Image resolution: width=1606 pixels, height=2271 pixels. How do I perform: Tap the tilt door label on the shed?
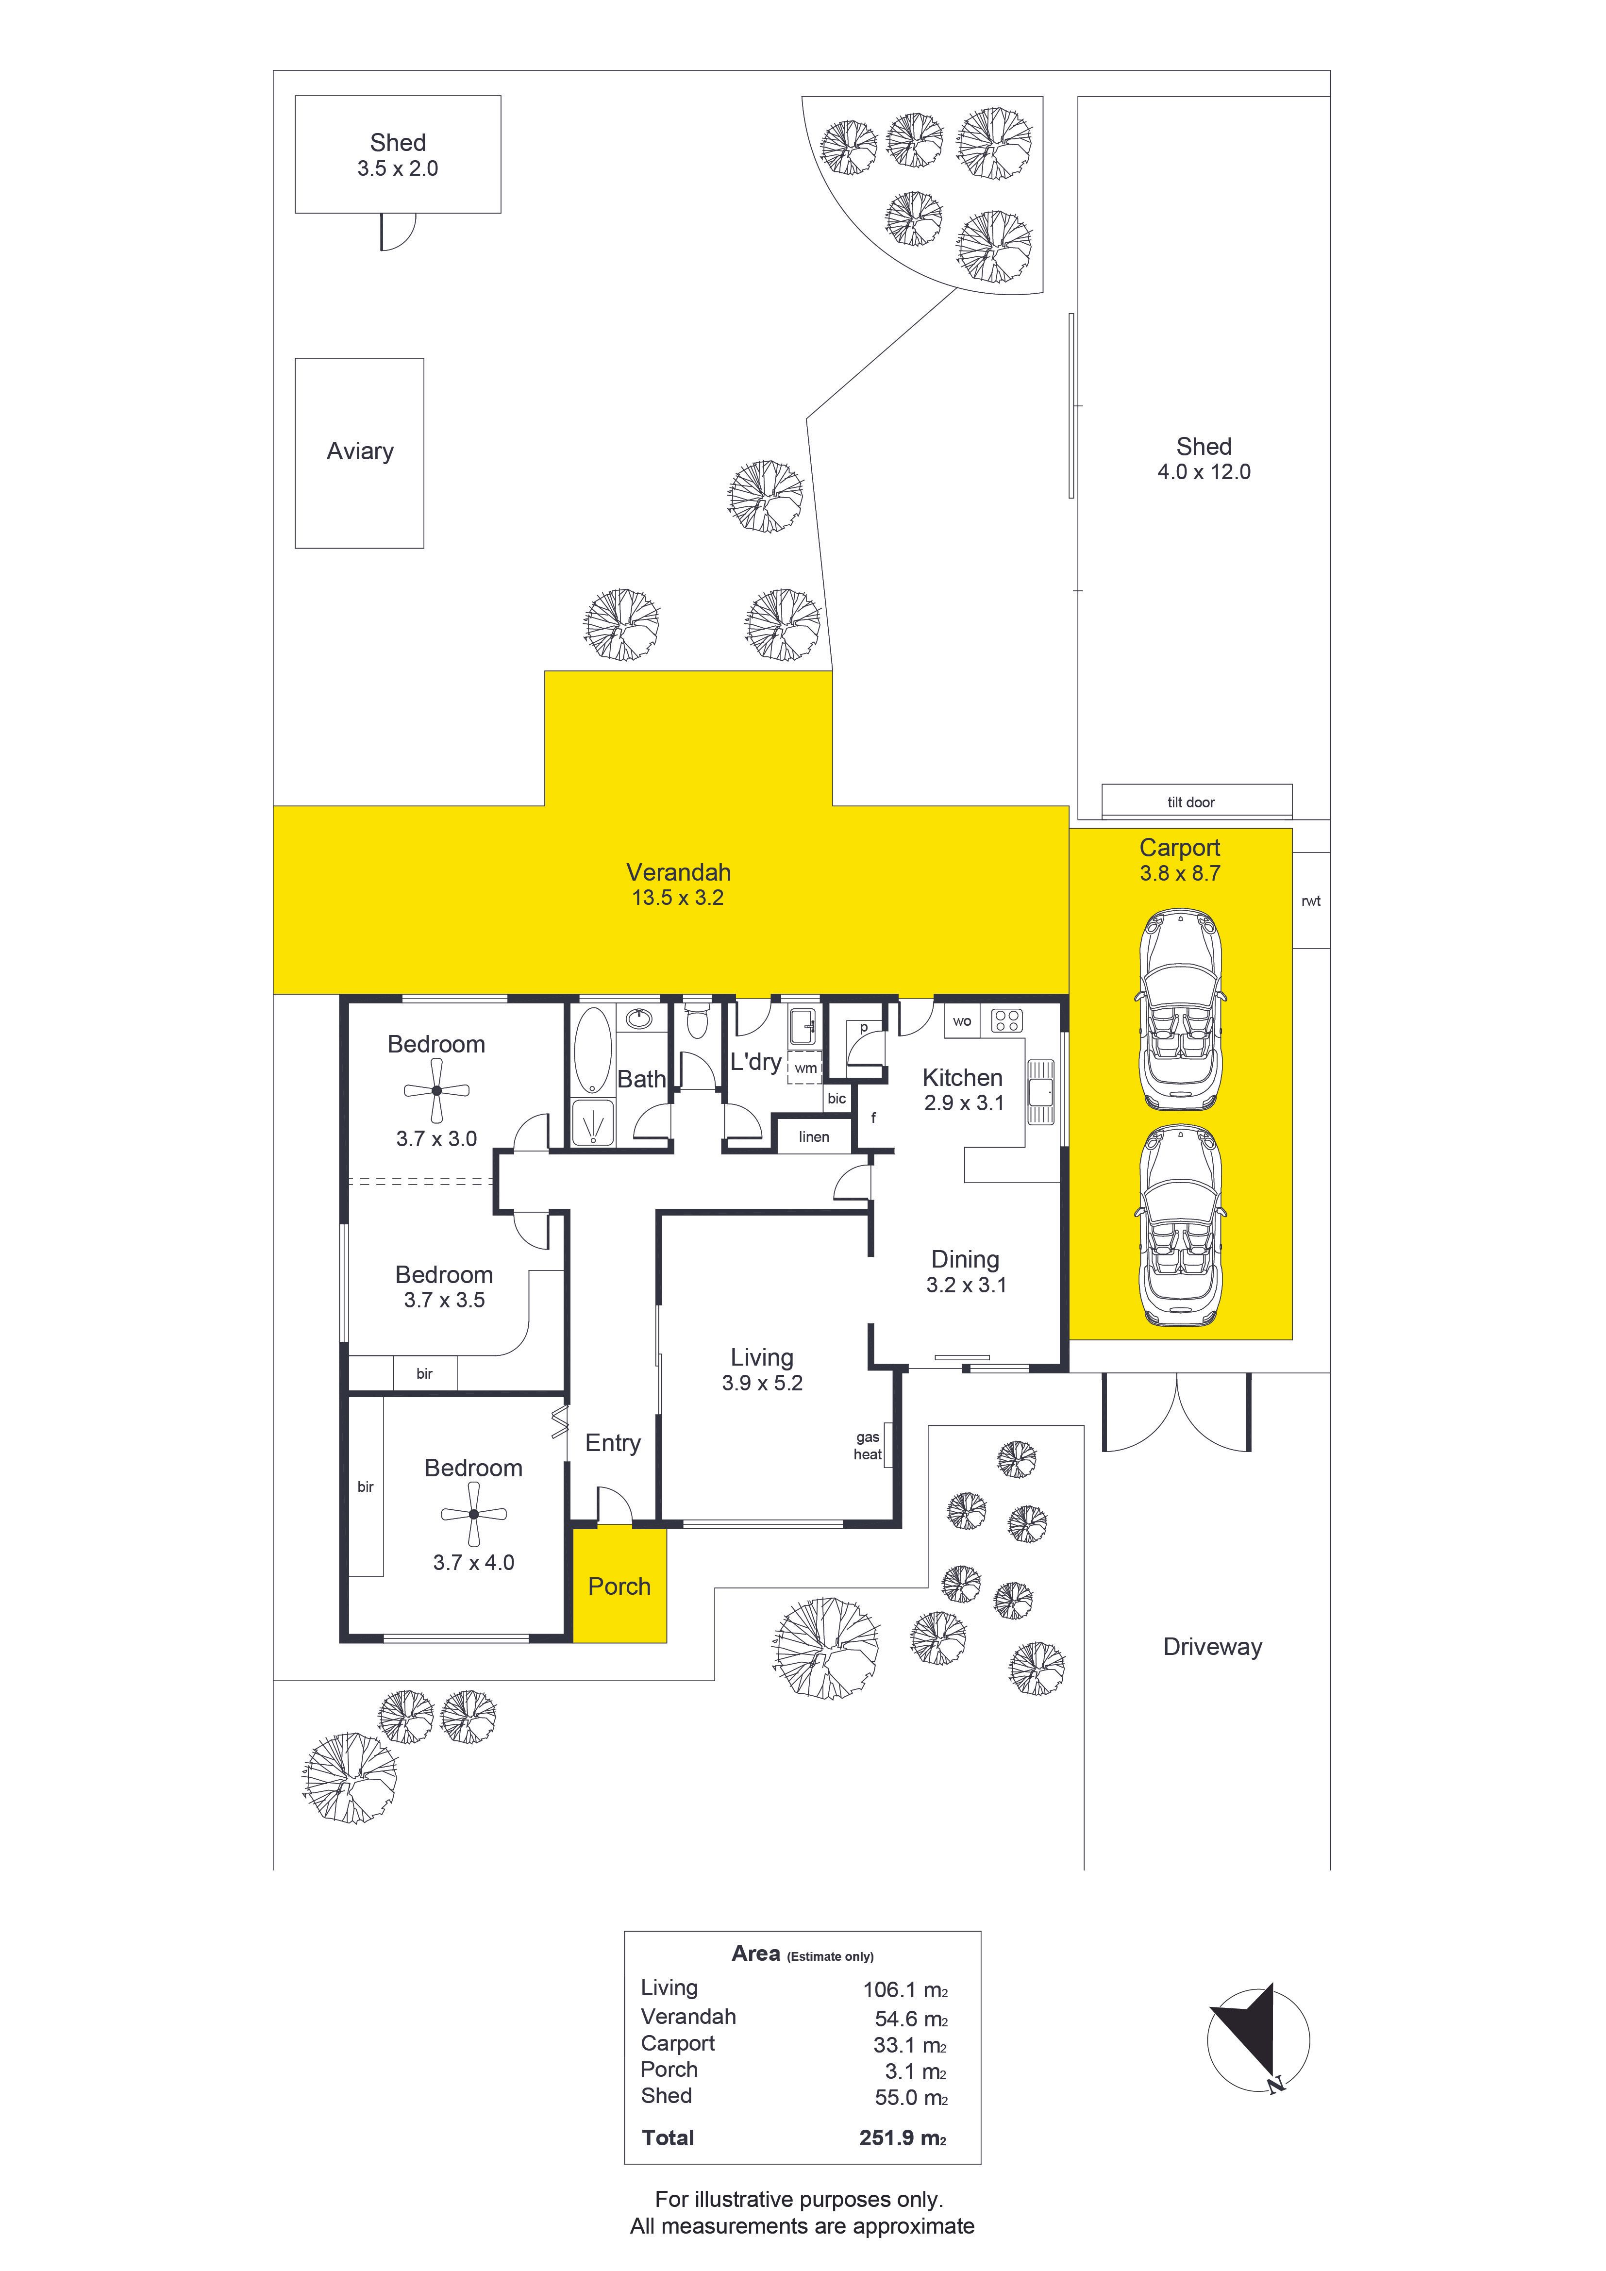tap(1190, 802)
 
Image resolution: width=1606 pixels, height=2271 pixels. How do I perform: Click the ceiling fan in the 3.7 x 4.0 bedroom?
tap(474, 1514)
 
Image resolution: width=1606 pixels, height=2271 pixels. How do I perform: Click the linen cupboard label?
tap(814, 1136)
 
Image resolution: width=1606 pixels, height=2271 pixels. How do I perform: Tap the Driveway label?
tap(1212, 1647)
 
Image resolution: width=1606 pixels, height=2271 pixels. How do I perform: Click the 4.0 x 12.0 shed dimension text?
tap(1204, 472)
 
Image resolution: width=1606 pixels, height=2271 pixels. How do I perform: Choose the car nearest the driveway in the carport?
tap(1181, 1226)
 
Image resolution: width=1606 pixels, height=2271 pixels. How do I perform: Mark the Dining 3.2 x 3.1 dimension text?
tap(966, 1285)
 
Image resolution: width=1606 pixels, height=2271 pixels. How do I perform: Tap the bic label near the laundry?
tap(836, 1098)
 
